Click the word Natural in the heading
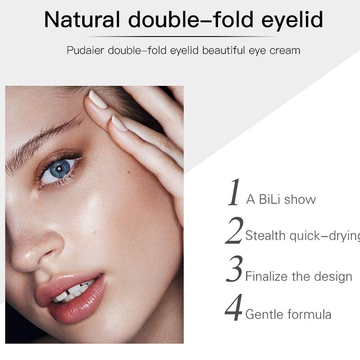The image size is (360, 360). (82, 20)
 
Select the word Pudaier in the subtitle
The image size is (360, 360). (85, 50)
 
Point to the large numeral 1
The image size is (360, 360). (234, 192)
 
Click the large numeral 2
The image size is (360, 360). (234, 231)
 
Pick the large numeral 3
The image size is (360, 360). (234, 270)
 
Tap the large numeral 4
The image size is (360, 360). (234, 308)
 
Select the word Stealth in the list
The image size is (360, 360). (265, 236)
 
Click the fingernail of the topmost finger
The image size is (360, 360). (98, 100)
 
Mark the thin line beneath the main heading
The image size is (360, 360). (180, 36)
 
